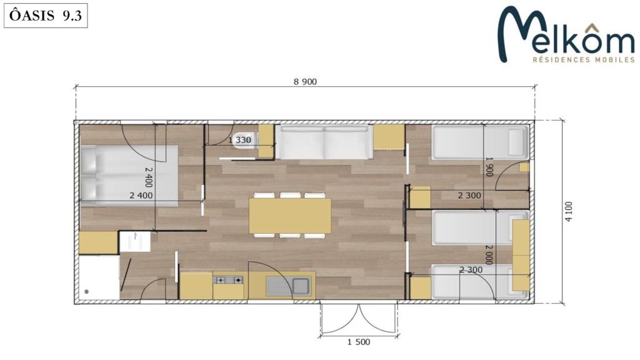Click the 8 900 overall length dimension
[x=305, y=82]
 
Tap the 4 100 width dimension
[x=569, y=211]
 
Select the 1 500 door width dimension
[x=359, y=342]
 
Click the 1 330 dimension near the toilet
[x=239, y=140]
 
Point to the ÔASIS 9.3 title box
[x=46, y=16]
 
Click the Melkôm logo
[x=566, y=34]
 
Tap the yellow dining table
[x=290, y=216]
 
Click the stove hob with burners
[x=228, y=280]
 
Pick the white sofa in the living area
[x=324, y=142]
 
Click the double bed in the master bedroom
[x=129, y=176]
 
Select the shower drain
[x=86, y=292]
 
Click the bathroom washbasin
[x=135, y=242]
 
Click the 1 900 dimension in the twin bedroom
[x=489, y=166]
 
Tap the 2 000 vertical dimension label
[x=489, y=254]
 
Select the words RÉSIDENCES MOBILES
[x=584, y=59]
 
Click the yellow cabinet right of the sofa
[x=389, y=137]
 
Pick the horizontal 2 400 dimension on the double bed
[x=141, y=196]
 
